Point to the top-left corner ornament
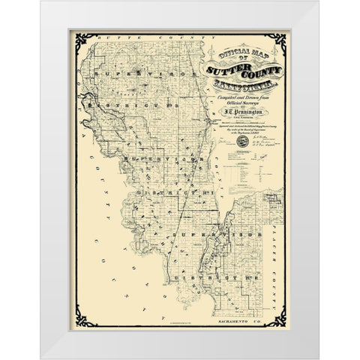[x=77, y=39]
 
